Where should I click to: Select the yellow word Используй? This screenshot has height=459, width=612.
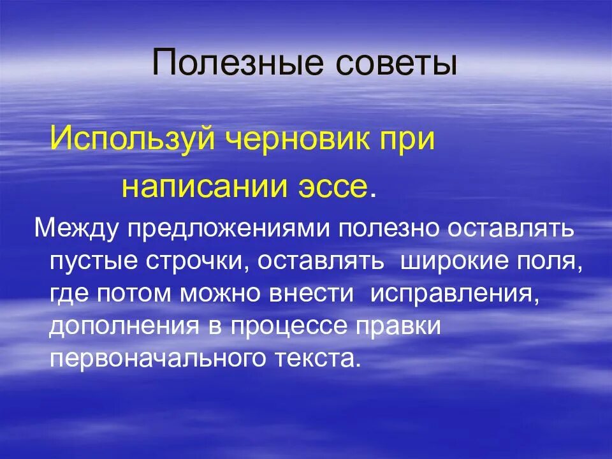click(132, 139)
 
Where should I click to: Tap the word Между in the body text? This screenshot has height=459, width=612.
click(76, 228)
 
